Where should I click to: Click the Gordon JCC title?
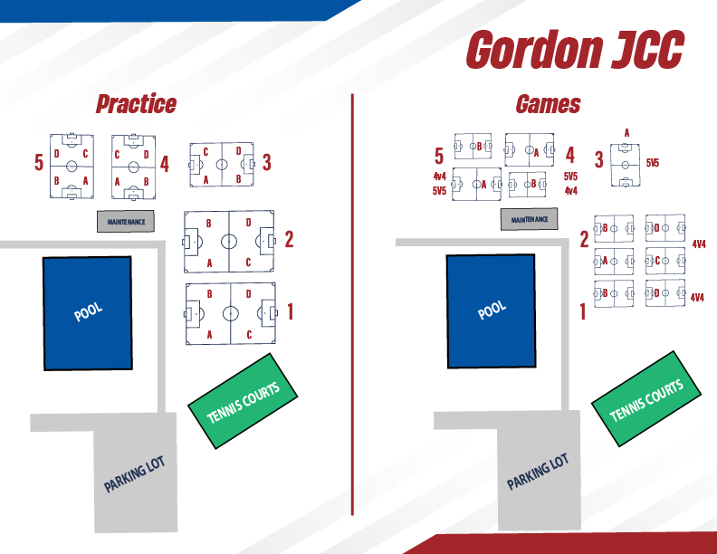(x=574, y=50)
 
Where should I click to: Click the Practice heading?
(x=136, y=104)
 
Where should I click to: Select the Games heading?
(x=548, y=104)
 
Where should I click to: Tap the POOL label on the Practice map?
(x=88, y=312)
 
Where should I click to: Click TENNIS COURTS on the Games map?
(x=646, y=400)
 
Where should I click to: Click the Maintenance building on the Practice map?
(x=127, y=221)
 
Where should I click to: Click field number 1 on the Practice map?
(x=290, y=312)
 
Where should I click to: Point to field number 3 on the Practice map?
(x=267, y=163)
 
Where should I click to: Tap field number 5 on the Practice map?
(x=39, y=163)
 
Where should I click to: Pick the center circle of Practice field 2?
(x=229, y=242)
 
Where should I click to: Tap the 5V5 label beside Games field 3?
(x=652, y=164)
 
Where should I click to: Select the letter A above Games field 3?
(x=626, y=133)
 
